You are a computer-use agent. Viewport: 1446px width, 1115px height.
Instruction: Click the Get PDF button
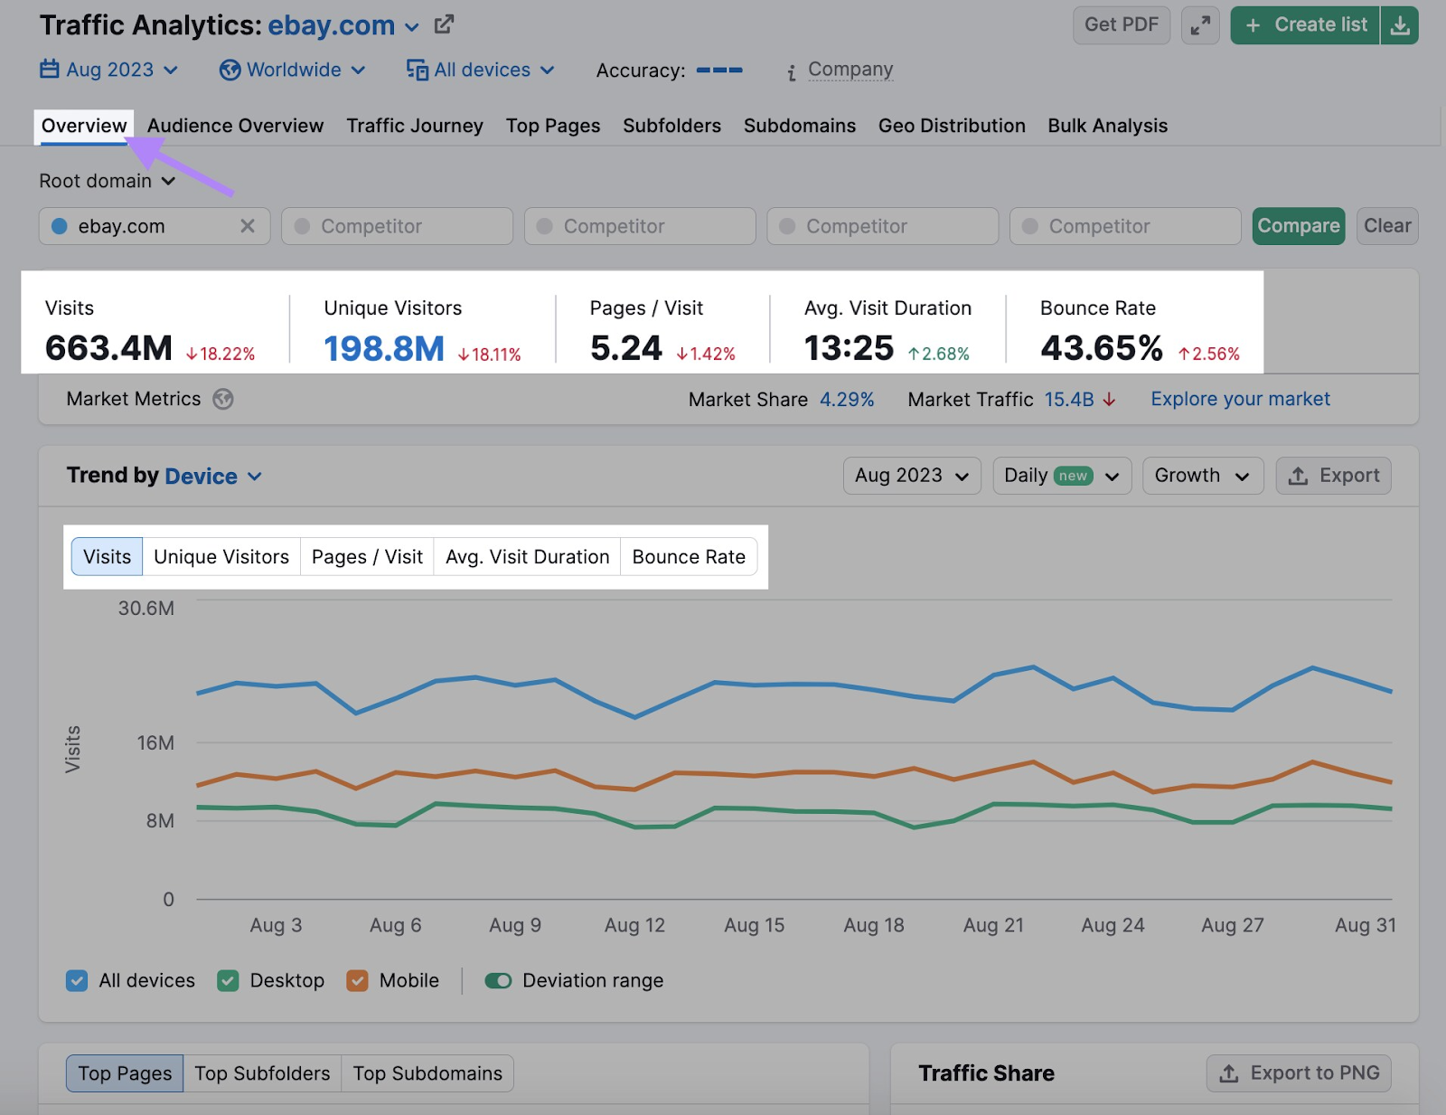click(x=1121, y=25)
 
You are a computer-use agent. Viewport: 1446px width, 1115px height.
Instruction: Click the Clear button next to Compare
click(x=1386, y=226)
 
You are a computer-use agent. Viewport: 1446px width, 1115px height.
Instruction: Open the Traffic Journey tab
click(x=415, y=126)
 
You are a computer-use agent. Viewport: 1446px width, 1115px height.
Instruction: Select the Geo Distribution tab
click(x=952, y=126)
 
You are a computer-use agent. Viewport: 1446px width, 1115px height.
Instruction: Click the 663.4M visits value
click(x=108, y=348)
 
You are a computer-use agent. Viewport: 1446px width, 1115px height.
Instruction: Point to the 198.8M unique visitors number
click(x=384, y=348)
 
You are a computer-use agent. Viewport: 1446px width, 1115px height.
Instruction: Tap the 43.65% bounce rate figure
click(x=1101, y=348)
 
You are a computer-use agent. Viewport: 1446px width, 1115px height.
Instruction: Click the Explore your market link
click(x=1240, y=399)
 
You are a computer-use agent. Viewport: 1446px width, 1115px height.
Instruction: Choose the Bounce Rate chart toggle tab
click(x=689, y=557)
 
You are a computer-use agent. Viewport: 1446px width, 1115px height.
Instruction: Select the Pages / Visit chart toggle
click(x=367, y=557)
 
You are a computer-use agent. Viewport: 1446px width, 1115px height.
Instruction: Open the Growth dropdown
click(x=1202, y=476)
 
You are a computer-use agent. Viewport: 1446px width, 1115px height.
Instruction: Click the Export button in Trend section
click(x=1333, y=476)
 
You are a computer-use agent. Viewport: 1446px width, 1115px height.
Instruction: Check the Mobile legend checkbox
click(x=358, y=981)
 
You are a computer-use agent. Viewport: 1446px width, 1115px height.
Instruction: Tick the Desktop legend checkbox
click(x=229, y=981)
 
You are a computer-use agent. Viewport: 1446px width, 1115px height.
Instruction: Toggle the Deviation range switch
click(x=498, y=981)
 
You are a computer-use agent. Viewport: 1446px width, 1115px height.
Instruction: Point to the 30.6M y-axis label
click(x=146, y=609)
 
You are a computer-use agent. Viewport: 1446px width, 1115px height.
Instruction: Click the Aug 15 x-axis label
click(x=754, y=925)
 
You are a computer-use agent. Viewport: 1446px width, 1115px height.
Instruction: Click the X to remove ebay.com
click(x=248, y=226)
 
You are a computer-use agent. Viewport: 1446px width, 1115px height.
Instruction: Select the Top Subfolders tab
click(x=262, y=1073)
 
